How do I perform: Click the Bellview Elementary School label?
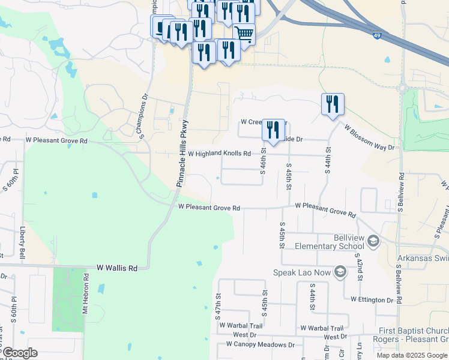(336, 242)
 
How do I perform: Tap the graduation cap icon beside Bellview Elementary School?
(373, 241)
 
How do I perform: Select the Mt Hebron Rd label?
(86, 293)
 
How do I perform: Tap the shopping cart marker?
(244, 34)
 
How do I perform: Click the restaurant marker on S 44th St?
(332, 104)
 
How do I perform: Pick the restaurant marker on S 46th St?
(273, 130)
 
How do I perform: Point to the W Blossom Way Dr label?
(370, 137)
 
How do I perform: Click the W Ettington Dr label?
(372, 299)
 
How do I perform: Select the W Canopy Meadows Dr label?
(261, 344)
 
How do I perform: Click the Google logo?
(20, 353)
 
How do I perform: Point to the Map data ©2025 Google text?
(411, 355)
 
